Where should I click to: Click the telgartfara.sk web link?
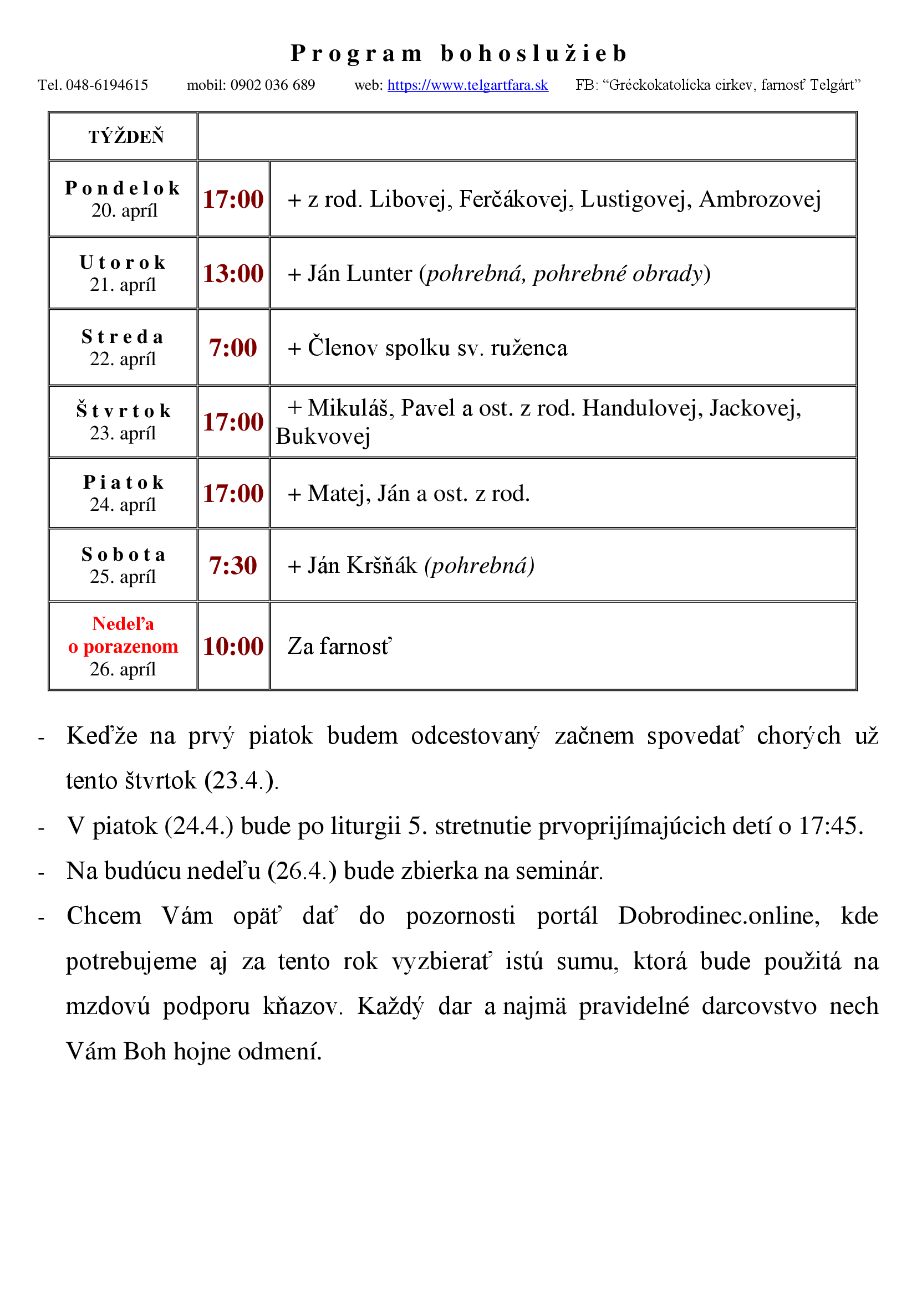[x=467, y=85]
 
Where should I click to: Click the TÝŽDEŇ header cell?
[x=126, y=137]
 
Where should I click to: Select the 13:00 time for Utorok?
[x=233, y=274]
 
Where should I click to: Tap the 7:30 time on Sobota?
[x=233, y=566]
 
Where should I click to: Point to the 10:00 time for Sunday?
[x=233, y=647]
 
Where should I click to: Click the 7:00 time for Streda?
[x=233, y=348]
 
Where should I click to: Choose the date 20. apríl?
[x=124, y=211]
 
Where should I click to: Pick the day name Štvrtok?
[x=124, y=411]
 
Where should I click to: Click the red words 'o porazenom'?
[x=123, y=646]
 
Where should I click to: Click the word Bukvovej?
[x=323, y=436]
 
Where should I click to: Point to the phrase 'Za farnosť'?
[x=339, y=647]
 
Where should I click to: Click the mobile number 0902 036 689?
[x=272, y=85]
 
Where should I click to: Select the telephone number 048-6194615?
[x=106, y=85]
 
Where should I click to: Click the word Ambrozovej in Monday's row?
[x=760, y=199]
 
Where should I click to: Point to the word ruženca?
[x=529, y=348]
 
